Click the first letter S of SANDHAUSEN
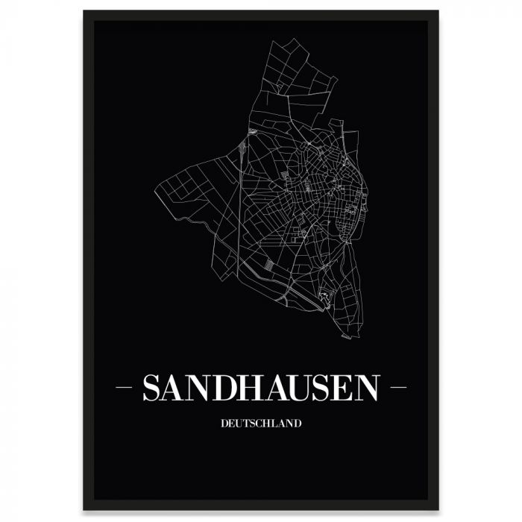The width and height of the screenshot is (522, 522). coord(152,388)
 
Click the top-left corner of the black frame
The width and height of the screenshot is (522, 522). coord(84,12)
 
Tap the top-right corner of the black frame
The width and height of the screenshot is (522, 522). coord(438,12)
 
